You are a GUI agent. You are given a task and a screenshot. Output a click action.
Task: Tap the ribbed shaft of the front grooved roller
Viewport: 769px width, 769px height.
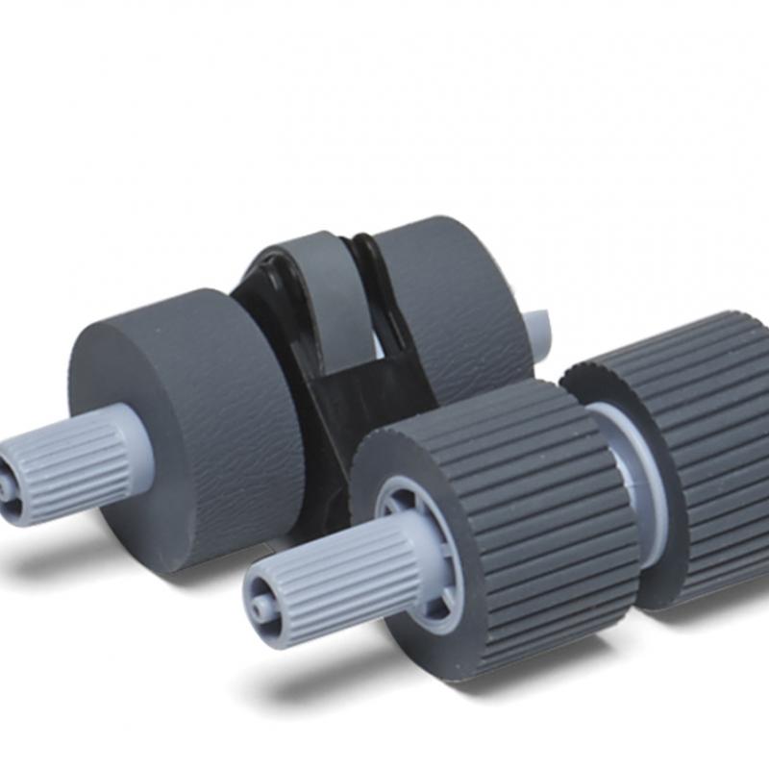pyautogui.click(x=336, y=577)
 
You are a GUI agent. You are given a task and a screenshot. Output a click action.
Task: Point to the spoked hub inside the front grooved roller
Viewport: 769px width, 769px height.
pyautogui.click(x=423, y=538)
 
